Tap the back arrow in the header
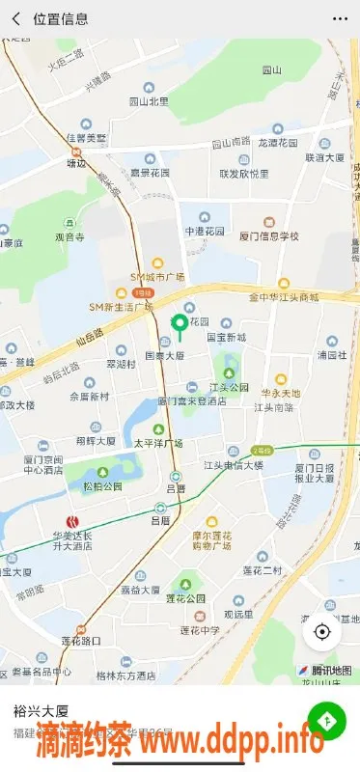pyautogui.click(x=15, y=18)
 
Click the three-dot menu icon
pyautogui.click(x=340, y=18)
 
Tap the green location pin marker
pyautogui.click(x=178, y=326)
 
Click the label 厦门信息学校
pyautogui.click(x=269, y=236)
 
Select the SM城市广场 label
pyautogui.click(x=157, y=277)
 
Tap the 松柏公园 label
pyautogui.click(x=103, y=486)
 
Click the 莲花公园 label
pyautogui.click(x=183, y=598)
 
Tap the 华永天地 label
pyautogui.click(x=281, y=393)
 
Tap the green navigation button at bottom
pyautogui.click(x=327, y=721)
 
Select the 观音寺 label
pyautogui.click(x=70, y=236)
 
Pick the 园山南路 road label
pyautogui.click(x=232, y=142)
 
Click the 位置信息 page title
pyautogui.click(x=61, y=18)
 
